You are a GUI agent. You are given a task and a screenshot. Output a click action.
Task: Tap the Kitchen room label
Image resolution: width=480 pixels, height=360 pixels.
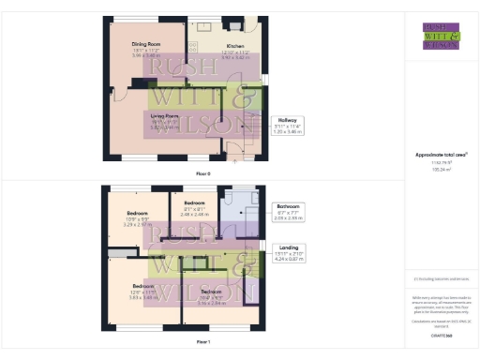(209, 45)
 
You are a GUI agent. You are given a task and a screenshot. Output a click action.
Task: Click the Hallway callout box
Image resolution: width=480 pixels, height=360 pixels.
(286, 125)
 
